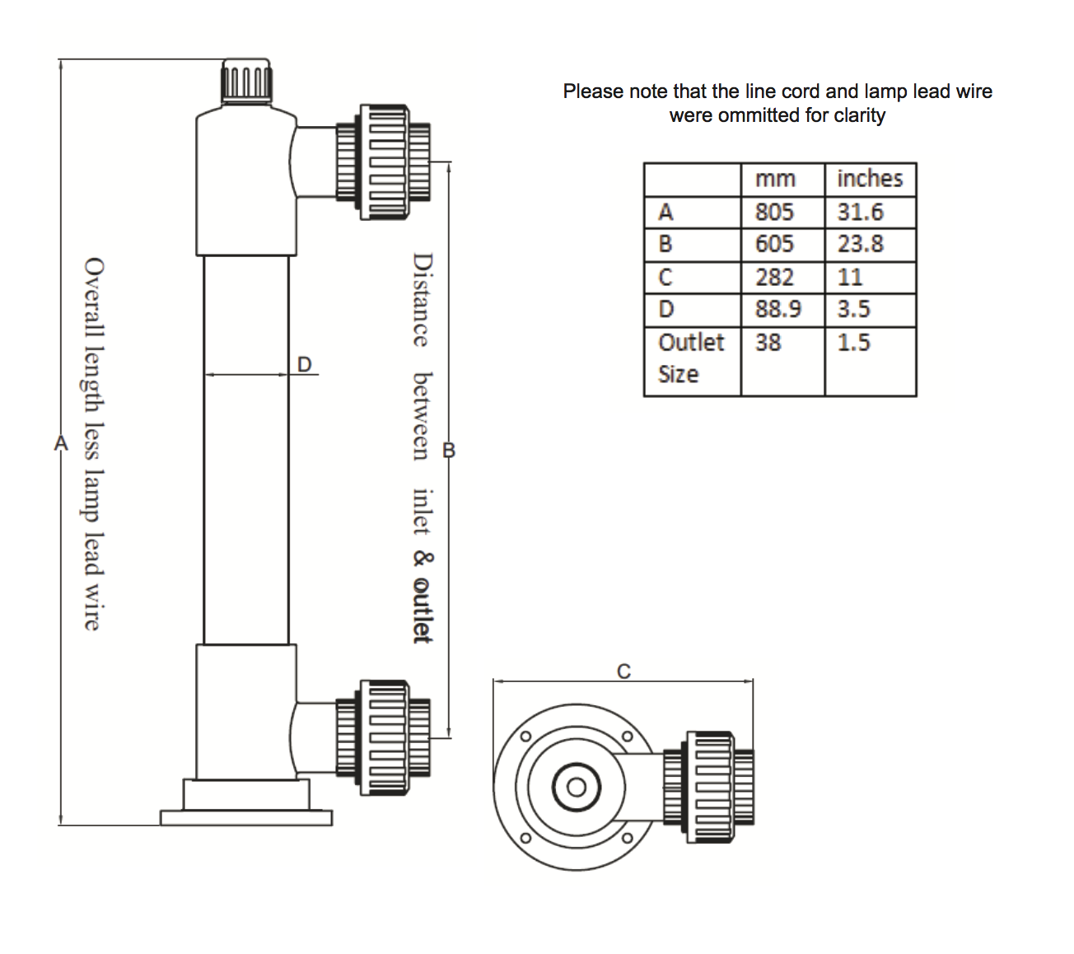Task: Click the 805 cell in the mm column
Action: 774,213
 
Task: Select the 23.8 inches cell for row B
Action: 861,244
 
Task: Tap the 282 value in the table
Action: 774,278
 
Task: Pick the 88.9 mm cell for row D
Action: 777,309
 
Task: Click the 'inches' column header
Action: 870,179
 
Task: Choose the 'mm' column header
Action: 775,179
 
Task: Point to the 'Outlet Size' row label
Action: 691,358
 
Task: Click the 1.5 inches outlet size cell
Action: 853,342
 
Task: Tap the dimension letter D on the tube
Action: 305,363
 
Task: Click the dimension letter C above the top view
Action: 623,671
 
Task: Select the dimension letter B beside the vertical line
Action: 449,451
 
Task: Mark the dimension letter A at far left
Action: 60,443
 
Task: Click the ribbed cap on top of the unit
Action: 246,81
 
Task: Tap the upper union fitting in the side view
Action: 384,162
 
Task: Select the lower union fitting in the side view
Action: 384,737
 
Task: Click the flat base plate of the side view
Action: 246,817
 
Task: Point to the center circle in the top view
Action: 576,788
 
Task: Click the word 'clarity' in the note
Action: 860,115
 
